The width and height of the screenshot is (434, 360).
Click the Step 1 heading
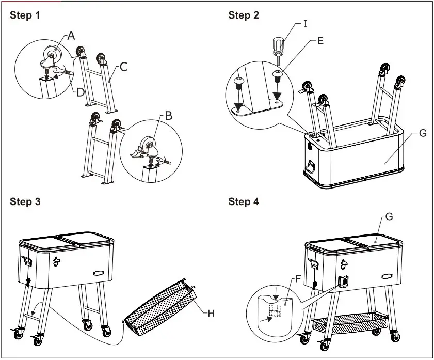pos(24,15)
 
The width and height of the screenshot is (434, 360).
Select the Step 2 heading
pos(244,15)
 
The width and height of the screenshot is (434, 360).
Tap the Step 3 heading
pos(24,201)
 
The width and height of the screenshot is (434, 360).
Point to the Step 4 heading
pos(244,201)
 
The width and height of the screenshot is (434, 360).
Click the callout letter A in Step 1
pos(71,35)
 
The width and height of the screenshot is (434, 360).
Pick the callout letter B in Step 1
pos(169,116)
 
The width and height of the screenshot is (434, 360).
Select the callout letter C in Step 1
pos(123,66)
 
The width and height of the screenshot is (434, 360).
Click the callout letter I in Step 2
pos(306,24)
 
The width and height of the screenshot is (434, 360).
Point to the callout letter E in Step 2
pos(320,40)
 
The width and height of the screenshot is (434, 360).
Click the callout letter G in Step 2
pos(423,133)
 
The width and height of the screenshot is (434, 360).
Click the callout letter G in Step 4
pos(389,217)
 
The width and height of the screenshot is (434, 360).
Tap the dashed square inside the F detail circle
pos(275,311)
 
